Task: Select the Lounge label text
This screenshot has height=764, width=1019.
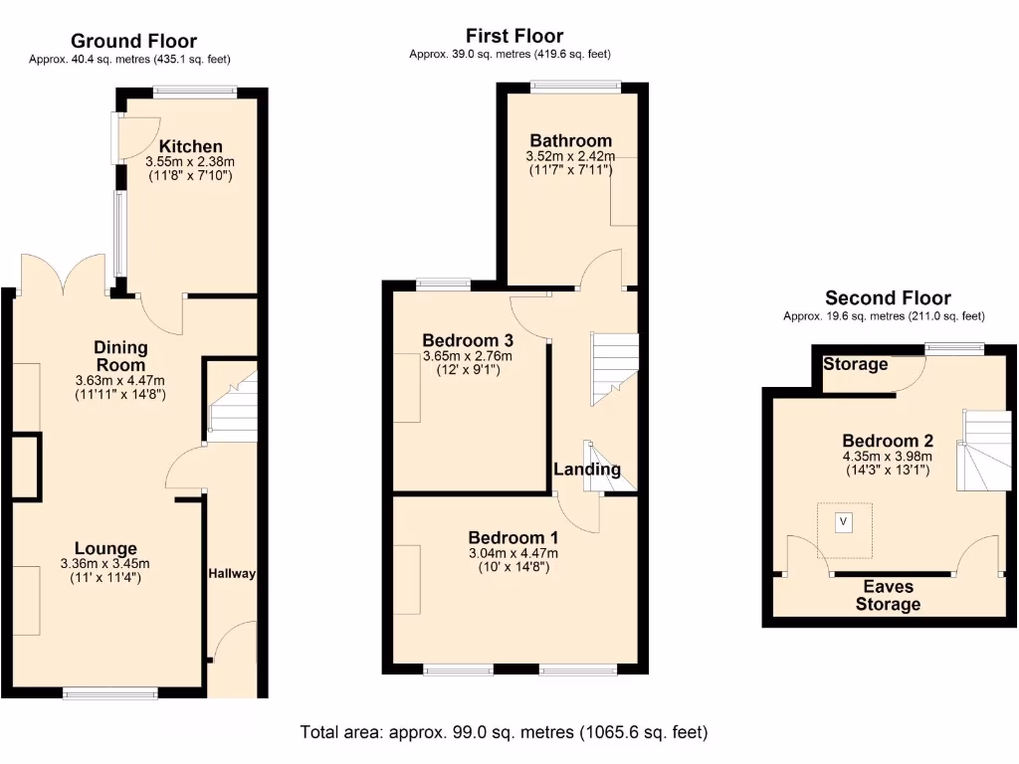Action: point(105,548)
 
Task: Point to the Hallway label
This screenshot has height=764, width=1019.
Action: point(232,574)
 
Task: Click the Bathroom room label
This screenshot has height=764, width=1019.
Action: point(570,140)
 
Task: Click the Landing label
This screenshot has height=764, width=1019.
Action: point(587,470)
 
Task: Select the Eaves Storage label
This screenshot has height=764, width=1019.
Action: point(888,595)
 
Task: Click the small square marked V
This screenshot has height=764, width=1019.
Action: point(845,520)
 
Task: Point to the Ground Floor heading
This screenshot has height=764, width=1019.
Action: point(133,41)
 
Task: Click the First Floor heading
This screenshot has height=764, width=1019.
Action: point(514,37)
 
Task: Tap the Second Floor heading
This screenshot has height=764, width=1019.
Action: point(888,297)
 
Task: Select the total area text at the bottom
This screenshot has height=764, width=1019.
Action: point(505,732)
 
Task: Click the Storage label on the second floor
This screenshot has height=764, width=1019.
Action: point(855,364)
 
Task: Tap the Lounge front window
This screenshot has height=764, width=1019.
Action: point(109,692)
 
